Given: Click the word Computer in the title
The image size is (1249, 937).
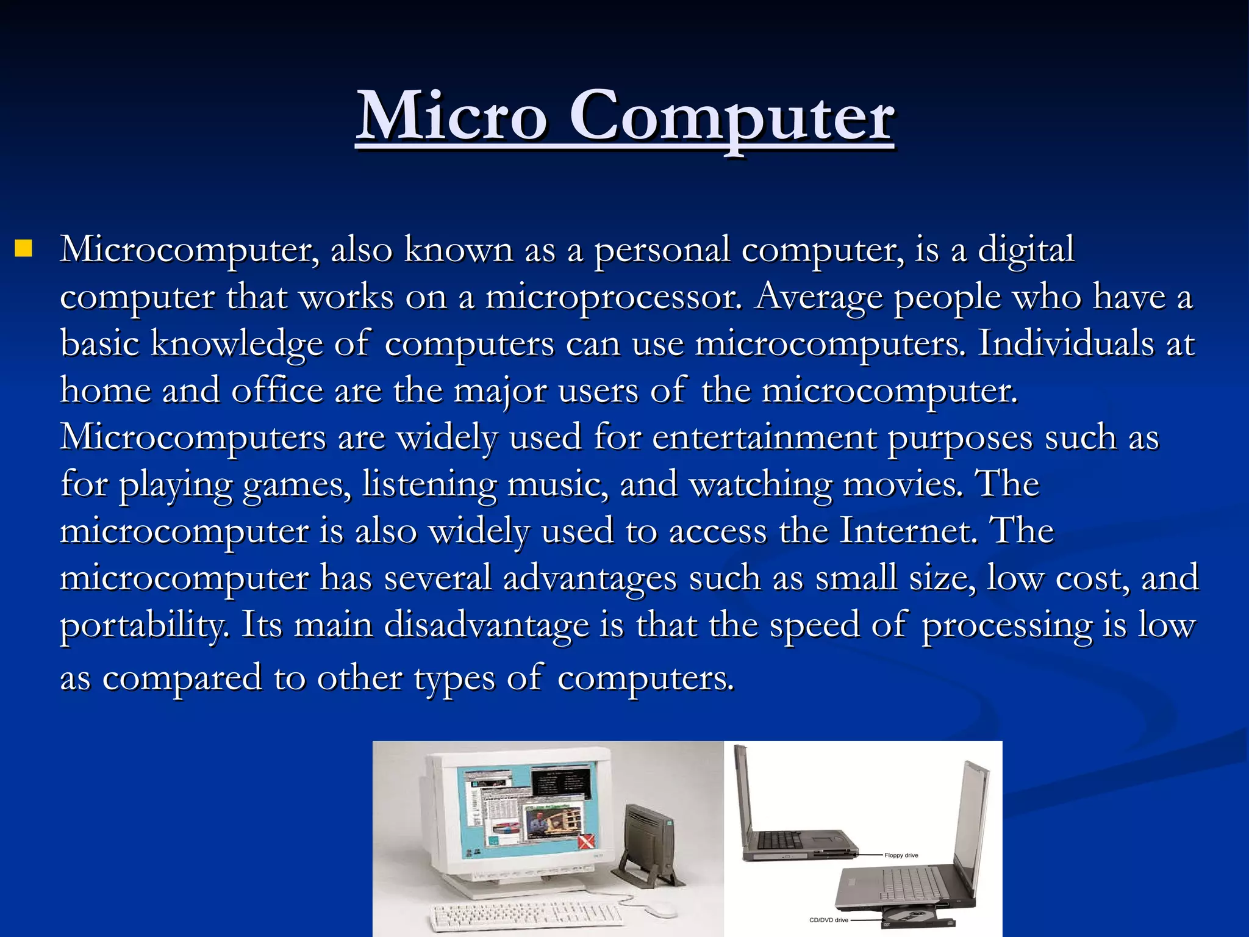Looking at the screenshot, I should click(x=731, y=116).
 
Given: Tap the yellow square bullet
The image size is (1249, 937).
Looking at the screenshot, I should click(x=24, y=249).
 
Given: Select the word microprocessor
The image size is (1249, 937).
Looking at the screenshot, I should click(x=614, y=298).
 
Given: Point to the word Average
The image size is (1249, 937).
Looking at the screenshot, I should click(x=818, y=298).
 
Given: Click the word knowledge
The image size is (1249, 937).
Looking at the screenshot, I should click(x=237, y=344).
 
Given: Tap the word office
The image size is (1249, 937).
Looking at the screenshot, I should click(x=277, y=390).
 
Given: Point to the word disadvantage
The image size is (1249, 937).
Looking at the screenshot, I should click(x=486, y=625).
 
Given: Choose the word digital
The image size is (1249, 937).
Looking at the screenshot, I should click(x=1026, y=250).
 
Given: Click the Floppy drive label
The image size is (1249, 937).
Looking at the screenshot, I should click(x=901, y=855).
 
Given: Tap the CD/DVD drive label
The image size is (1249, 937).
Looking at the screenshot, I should click(x=828, y=920).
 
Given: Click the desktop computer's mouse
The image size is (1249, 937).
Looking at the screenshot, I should click(x=658, y=910).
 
